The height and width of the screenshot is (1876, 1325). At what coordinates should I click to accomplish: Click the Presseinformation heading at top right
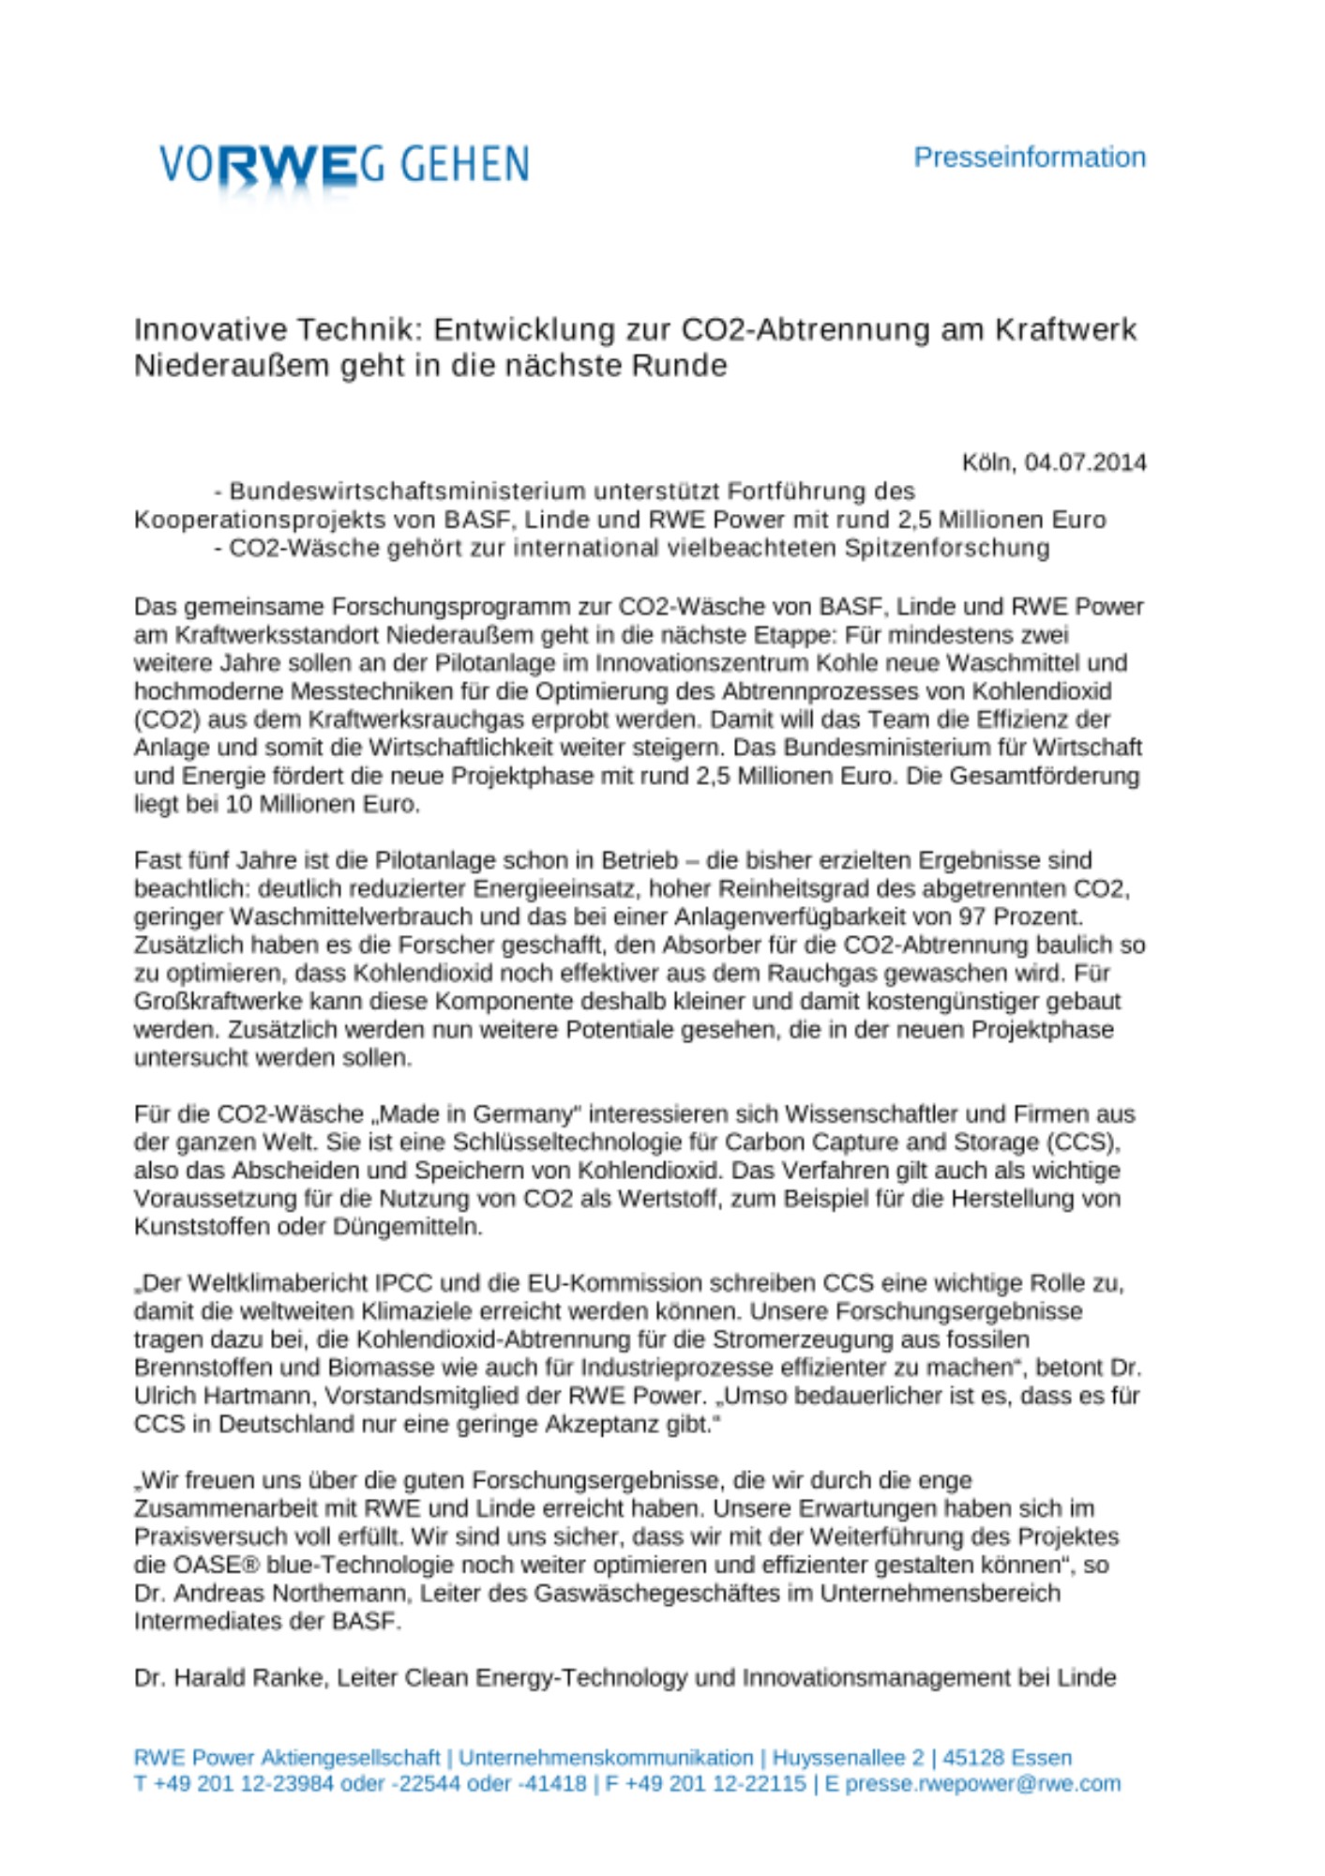1029,158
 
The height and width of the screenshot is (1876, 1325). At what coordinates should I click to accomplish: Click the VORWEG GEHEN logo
344,165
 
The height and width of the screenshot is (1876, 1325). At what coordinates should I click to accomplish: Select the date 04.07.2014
1085,462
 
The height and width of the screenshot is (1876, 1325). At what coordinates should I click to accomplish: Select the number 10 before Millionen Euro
239,804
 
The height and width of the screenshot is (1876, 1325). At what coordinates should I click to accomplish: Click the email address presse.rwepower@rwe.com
983,1783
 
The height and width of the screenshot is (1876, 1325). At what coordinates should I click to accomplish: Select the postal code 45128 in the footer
971,1757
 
